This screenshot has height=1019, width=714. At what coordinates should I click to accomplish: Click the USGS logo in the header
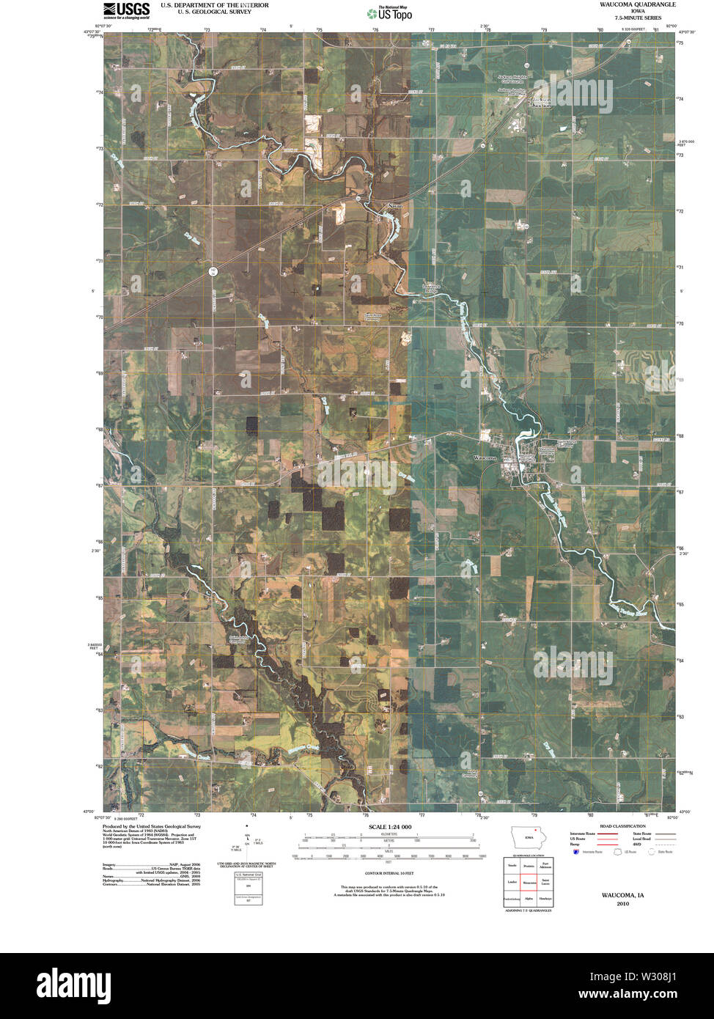point(126,10)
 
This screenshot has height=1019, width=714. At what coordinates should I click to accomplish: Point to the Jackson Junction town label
point(542,102)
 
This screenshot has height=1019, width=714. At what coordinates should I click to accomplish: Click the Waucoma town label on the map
point(485,457)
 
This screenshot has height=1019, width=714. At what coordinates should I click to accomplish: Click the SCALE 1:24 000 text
point(390,827)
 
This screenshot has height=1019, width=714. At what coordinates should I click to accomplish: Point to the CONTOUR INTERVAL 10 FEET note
point(389,873)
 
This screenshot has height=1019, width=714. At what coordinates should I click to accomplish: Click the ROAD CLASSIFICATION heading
point(622,826)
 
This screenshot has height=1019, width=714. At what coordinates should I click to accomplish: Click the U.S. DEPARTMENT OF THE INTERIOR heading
point(215,5)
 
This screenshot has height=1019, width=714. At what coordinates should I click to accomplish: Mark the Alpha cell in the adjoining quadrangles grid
point(528,898)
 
